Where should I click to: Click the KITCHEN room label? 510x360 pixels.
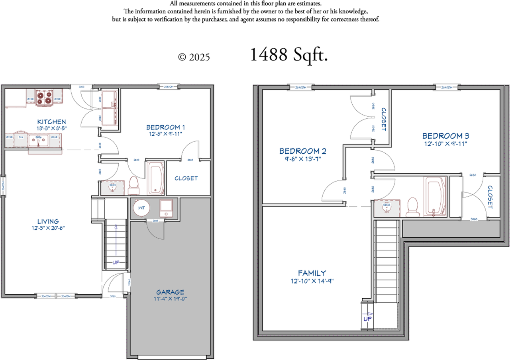tap(51, 121)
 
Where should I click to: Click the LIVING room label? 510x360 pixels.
tap(48, 221)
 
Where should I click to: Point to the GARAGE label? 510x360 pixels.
tap(170, 292)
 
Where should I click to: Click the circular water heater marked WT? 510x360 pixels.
tap(141, 208)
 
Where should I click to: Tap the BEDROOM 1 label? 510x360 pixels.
tap(165, 127)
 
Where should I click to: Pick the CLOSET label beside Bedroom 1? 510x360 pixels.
tap(186, 178)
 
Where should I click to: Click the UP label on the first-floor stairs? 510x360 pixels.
tap(116, 262)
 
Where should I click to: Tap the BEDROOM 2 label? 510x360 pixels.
tap(303, 151)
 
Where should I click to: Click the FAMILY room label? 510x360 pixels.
tap(312, 273)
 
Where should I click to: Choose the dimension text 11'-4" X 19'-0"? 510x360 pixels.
tap(170, 299)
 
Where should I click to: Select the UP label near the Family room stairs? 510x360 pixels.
tap(368, 319)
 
